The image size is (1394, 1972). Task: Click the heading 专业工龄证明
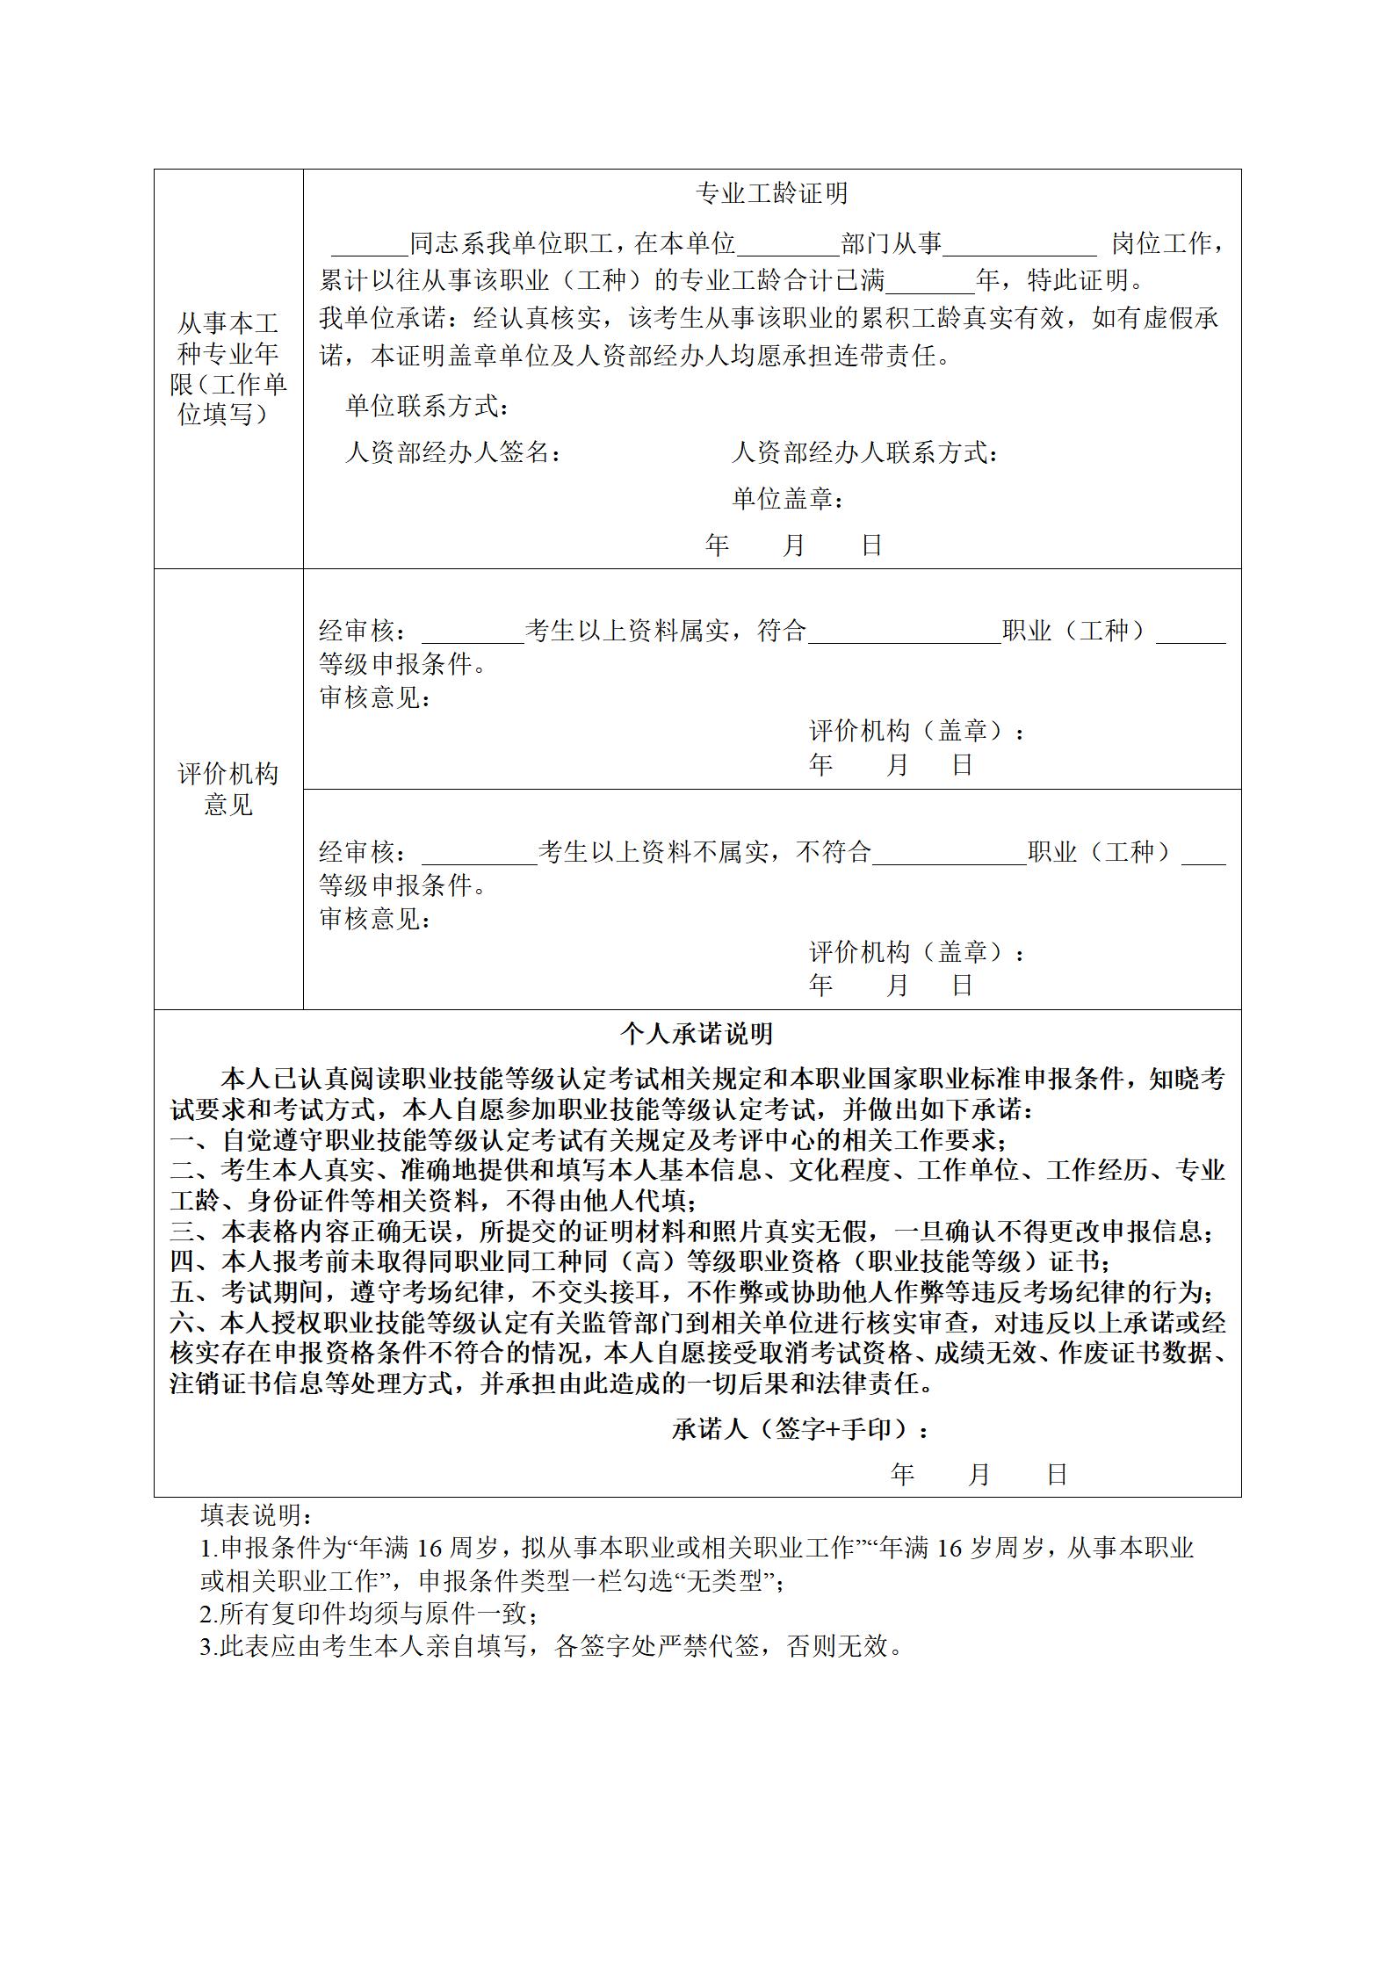(771, 193)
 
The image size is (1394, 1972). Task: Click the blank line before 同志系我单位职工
(369, 246)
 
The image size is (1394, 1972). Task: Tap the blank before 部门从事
(788, 246)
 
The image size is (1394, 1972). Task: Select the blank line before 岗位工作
(1019, 246)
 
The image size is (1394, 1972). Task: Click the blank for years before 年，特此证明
(930, 284)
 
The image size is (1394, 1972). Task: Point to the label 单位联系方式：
(427, 407)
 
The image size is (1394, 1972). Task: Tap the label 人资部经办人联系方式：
(865, 453)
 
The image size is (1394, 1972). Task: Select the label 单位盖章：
(789, 499)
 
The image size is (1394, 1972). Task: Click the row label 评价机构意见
(228, 789)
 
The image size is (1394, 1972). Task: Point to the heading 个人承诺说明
(697, 1034)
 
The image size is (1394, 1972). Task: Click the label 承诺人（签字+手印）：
(800, 1430)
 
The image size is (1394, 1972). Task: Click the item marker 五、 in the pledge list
(194, 1292)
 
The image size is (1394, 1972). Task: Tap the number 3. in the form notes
(209, 1646)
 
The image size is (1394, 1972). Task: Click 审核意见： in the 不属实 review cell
(375, 920)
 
